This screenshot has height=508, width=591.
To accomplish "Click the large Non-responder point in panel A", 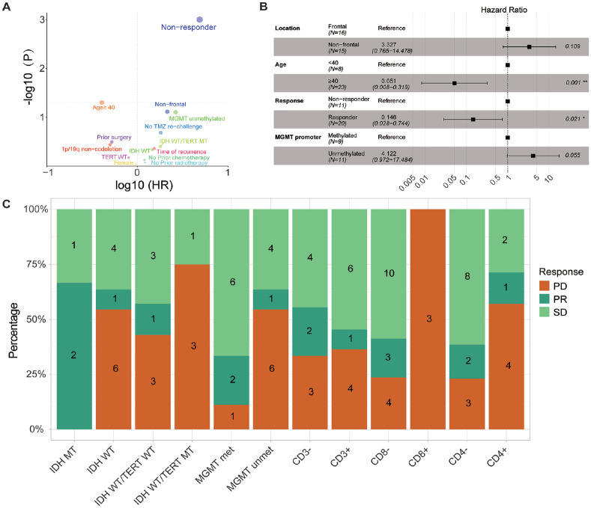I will click(199, 19).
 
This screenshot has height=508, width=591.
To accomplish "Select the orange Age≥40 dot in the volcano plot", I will click(102, 102).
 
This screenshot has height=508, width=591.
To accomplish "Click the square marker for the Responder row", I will click(473, 119).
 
